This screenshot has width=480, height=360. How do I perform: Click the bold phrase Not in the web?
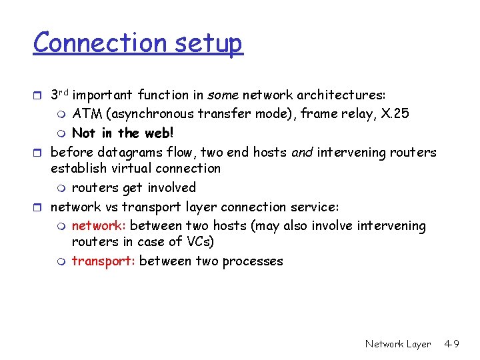coord(123,133)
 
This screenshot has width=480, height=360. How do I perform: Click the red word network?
coord(99,226)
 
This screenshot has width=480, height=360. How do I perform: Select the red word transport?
coord(103,261)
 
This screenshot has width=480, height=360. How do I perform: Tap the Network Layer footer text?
coord(398,344)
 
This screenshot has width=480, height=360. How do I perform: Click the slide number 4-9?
coord(452,344)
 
